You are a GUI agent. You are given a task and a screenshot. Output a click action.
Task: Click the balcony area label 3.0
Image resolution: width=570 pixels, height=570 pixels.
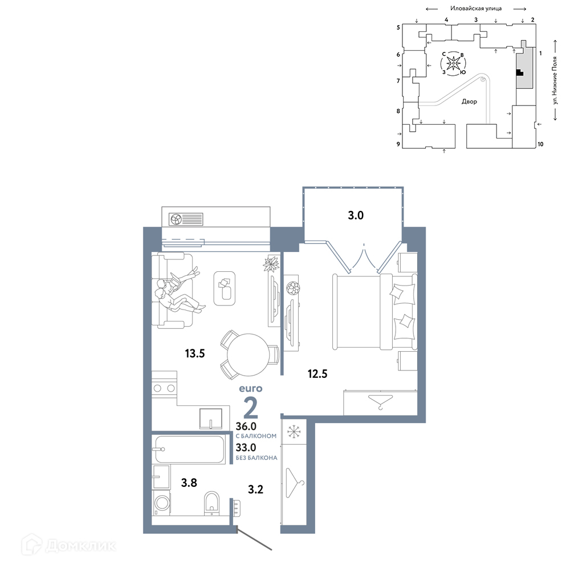[x=356, y=215]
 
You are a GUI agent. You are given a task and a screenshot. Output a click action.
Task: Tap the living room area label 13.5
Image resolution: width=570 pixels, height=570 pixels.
[x=195, y=353]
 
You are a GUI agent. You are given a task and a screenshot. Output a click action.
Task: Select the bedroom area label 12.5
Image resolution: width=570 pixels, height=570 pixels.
[x=317, y=373]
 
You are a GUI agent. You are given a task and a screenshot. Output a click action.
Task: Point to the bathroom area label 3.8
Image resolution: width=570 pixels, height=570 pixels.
[x=189, y=482]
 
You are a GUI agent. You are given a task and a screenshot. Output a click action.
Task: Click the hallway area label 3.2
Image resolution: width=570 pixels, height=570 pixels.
[x=255, y=489]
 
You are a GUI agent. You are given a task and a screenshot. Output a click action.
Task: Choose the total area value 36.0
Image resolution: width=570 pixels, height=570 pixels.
[x=246, y=426]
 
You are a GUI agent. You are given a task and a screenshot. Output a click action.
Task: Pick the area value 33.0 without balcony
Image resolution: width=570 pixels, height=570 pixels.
[x=246, y=447]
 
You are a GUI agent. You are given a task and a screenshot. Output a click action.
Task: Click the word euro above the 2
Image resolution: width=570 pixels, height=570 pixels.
[x=250, y=389]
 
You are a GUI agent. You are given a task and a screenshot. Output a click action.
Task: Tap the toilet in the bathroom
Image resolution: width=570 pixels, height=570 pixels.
[x=211, y=503]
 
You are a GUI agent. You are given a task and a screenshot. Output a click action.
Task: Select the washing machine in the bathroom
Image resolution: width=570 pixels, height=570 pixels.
[x=161, y=503]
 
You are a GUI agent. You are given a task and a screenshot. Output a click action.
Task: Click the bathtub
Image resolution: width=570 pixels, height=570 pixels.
[x=190, y=449]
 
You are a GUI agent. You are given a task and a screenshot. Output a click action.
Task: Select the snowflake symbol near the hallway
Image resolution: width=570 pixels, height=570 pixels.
[x=294, y=431]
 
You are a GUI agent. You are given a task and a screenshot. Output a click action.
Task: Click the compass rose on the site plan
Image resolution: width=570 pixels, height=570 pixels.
[x=453, y=63]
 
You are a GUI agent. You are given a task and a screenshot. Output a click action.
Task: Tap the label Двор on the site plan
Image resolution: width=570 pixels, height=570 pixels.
[x=469, y=101]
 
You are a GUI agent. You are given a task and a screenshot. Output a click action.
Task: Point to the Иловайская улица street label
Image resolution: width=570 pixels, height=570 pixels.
[x=476, y=8]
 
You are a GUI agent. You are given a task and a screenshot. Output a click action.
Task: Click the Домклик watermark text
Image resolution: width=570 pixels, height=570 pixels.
[x=81, y=545]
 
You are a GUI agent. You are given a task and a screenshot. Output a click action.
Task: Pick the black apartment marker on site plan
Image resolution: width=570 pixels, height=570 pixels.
[x=519, y=72]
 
